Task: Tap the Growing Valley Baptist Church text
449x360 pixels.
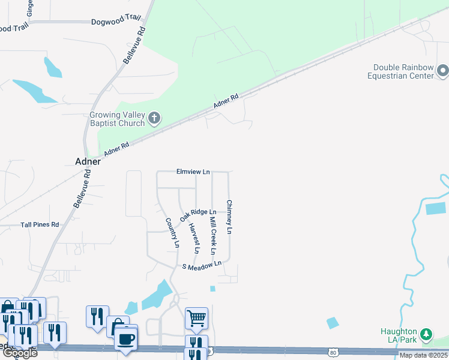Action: click(118, 119)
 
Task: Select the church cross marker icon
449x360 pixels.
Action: click(154, 118)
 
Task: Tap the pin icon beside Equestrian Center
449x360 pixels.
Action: click(443, 71)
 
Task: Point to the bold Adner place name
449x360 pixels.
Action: click(88, 161)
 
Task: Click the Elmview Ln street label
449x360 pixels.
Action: click(193, 172)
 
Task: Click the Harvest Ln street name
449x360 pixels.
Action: click(194, 238)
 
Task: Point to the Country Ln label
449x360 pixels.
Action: click(172, 232)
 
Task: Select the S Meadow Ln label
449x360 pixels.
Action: click(202, 265)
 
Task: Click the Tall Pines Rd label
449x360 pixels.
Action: click(40, 224)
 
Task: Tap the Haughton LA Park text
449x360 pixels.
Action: click(399, 336)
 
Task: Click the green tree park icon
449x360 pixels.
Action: click(426, 334)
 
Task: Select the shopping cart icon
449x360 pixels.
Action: click(196, 318)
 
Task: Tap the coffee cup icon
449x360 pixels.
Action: click(125, 338)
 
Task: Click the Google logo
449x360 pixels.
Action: click(19, 353)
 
